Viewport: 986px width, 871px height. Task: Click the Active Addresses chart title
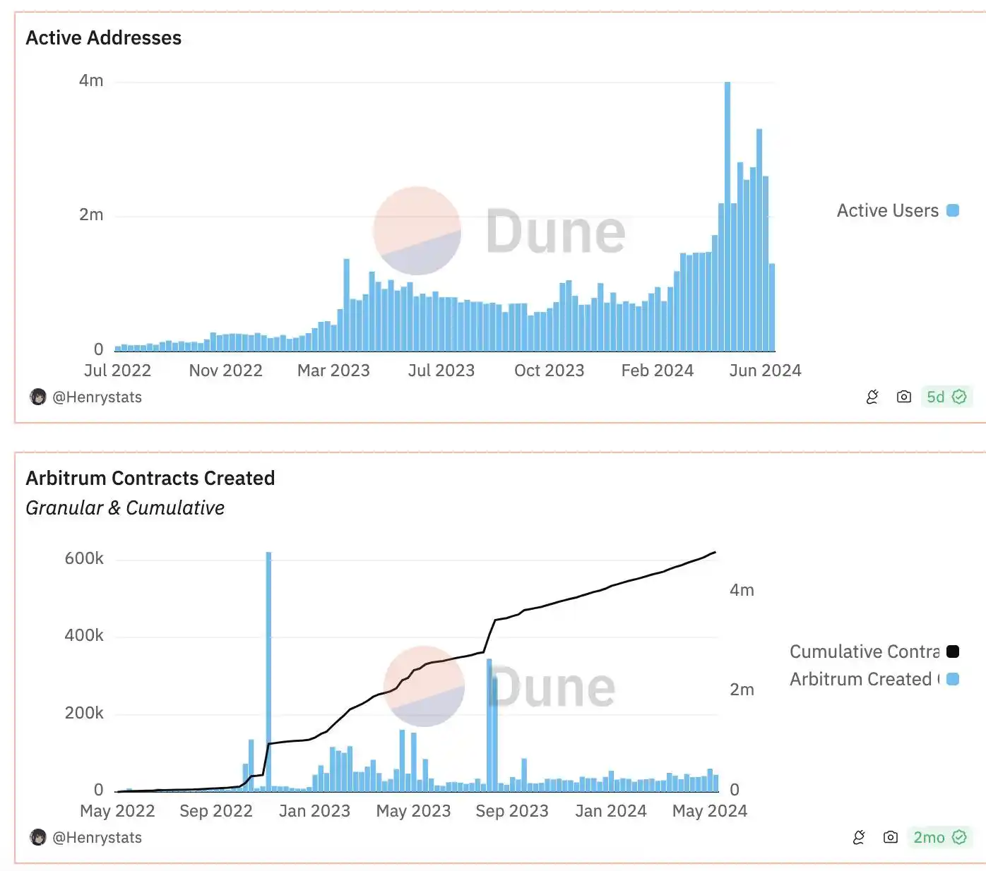[x=103, y=38]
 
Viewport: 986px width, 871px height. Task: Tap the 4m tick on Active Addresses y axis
[x=91, y=80]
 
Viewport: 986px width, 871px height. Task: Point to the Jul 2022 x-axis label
[x=117, y=371]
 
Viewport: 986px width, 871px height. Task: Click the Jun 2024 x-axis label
[x=765, y=371]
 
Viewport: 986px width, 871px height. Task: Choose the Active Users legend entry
[x=897, y=210]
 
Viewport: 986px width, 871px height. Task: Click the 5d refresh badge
[x=946, y=397]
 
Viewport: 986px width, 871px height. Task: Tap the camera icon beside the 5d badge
[x=903, y=397]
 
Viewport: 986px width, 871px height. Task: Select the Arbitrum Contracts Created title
[x=150, y=479]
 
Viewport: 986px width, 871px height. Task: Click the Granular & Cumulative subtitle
[x=125, y=508]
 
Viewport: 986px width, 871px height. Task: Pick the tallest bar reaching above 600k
[x=268, y=671]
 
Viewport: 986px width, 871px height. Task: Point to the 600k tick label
[x=84, y=559]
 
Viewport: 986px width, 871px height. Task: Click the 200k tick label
[x=84, y=713]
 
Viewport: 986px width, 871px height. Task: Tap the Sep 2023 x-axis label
[x=512, y=811]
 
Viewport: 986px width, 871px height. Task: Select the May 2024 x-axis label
[x=709, y=811]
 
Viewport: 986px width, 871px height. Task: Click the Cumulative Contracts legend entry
[x=873, y=651]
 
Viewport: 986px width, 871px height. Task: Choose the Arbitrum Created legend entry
[x=873, y=679]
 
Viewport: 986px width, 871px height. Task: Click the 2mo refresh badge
[x=939, y=837]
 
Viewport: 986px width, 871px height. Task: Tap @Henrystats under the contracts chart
[x=97, y=838]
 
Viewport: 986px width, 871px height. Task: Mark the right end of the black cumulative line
[x=715, y=553]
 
